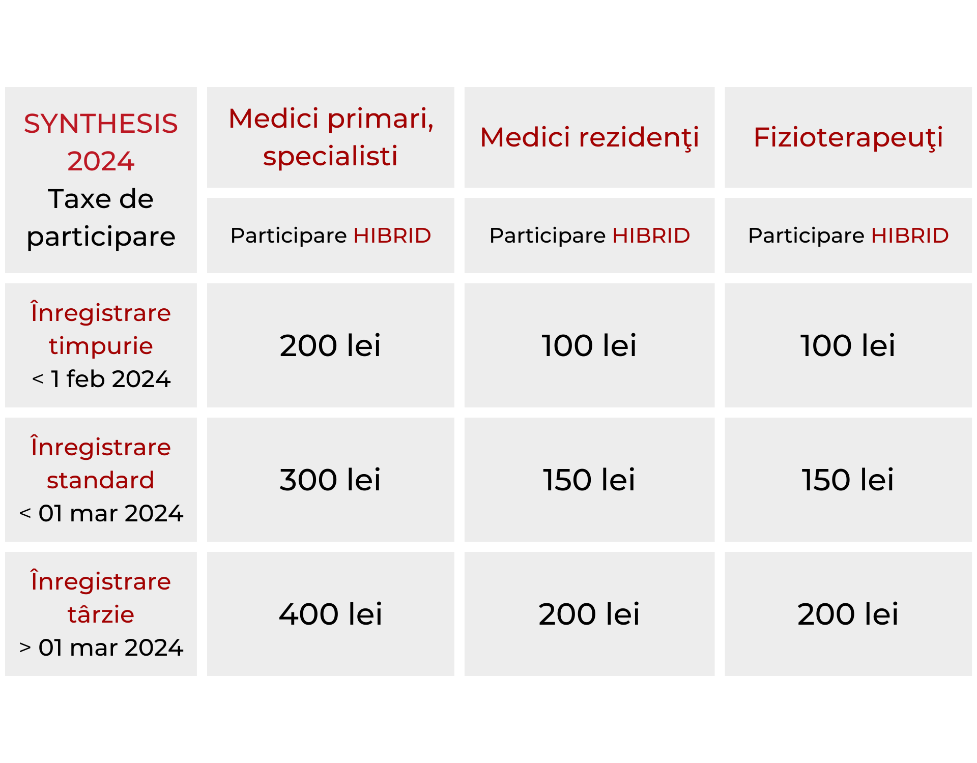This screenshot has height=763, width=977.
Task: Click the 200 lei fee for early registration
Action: coord(330,345)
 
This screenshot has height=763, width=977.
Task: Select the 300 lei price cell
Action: coord(330,480)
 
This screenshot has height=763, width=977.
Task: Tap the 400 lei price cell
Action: coord(330,614)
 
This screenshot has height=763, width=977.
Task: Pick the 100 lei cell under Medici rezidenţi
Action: coord(589,345)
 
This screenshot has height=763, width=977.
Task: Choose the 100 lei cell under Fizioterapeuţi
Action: coord(848,345)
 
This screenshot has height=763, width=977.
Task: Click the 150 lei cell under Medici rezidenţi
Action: coord(589,480)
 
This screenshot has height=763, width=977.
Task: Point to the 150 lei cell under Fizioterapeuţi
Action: coord(848,480)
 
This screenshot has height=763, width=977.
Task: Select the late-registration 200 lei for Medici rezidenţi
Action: coord(589,614)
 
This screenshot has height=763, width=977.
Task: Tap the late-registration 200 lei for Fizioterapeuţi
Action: coord(848,614)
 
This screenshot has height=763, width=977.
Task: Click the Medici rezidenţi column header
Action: coord(589,137)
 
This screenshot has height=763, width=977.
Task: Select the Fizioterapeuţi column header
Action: coord(848,137)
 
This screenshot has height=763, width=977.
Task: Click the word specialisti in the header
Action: coord(330,156)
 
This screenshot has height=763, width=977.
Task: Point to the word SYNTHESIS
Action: coord(101,124)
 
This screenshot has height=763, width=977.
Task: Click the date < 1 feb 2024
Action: coord(101,379)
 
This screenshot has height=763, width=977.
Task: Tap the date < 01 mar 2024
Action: coord(101,513)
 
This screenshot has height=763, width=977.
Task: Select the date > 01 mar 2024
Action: coord(101,648)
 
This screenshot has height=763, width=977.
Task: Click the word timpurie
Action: coord(101,346)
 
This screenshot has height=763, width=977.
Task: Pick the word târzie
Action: coord(101,614)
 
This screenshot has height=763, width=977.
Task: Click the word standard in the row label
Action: coord(101,480)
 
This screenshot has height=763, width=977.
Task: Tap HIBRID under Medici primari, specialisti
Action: coord(392,236)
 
